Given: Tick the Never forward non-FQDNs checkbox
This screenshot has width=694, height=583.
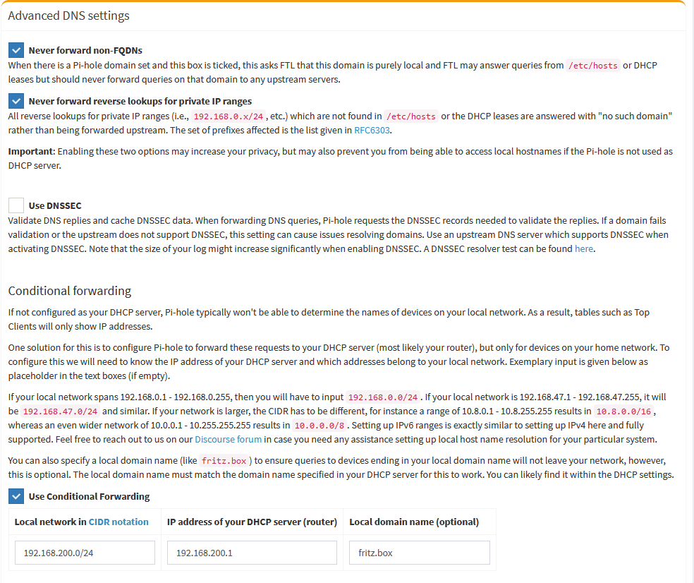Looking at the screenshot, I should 16,50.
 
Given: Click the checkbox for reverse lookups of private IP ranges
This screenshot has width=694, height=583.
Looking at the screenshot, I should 16,101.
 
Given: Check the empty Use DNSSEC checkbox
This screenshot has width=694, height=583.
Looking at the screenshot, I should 16,205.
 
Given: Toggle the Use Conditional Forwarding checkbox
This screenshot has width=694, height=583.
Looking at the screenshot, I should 16,496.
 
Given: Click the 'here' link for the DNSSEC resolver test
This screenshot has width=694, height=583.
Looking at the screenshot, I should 584,248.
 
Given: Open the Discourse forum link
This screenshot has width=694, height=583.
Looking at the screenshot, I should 228,439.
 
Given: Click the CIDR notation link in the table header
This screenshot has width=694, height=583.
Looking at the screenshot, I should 118,522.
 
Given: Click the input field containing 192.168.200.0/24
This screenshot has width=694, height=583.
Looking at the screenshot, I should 85,553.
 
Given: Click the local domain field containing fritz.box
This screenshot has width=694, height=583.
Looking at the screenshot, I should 419,553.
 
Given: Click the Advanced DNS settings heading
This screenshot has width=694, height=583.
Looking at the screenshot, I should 68,16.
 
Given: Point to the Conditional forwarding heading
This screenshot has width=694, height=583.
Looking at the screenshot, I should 69,291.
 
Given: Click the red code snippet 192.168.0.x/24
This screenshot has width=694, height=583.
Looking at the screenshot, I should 227,116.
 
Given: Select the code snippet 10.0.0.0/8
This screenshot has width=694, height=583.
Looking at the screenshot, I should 319,425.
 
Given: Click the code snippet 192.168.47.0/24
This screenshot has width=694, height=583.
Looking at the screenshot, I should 60,411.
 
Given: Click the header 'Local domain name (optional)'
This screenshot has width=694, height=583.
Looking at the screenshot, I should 414,522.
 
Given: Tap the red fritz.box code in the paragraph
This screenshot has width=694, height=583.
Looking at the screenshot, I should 223,461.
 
